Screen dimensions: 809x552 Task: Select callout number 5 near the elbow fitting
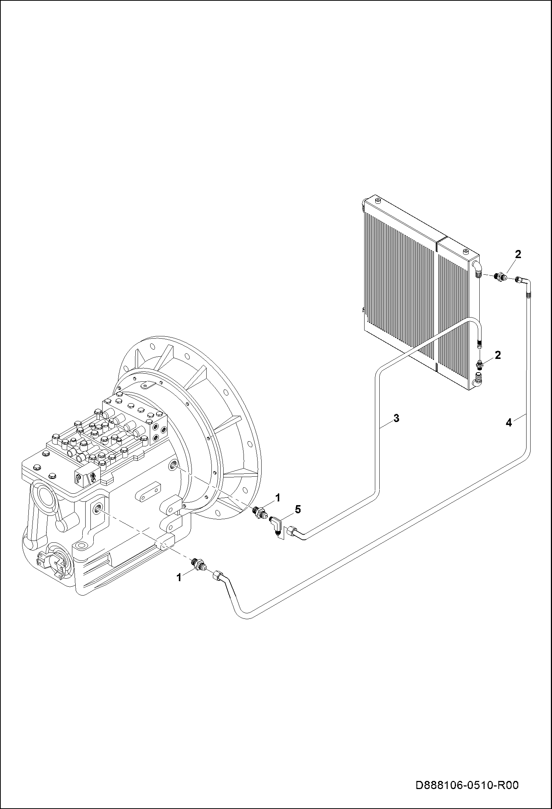click(x=297, y=510)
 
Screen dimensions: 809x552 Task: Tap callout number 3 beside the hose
click(x=396, y=418)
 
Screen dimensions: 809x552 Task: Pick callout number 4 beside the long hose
click(x=509, y=422)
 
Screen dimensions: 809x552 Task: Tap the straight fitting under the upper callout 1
click(x=260, y=513)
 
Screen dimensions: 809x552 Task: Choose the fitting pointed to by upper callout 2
click(x=499, y=277)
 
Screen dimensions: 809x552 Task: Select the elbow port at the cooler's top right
click(x=477, y=269)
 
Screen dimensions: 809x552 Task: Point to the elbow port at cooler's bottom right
click(x=478, y=380)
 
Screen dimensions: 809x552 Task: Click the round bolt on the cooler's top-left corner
click(x=377, y=200)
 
